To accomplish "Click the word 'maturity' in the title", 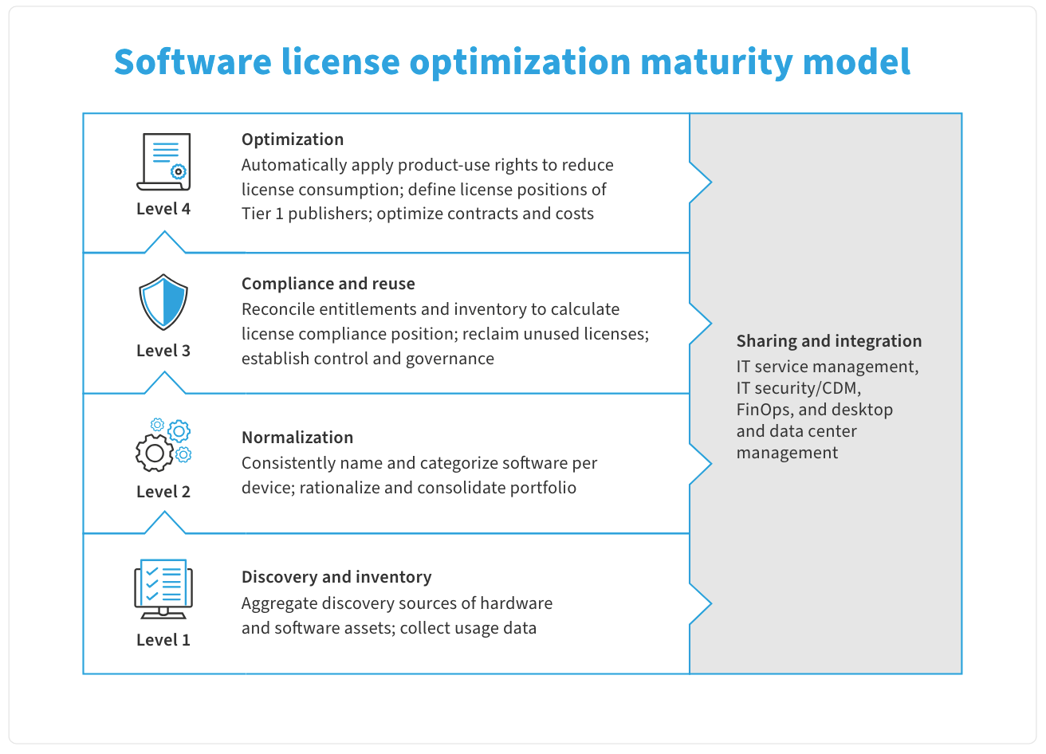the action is tap(716, 62).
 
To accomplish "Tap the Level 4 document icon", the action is tap(163, 162).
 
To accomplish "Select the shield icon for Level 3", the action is tap(163, 302).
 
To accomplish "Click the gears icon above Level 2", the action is tap(163, 445).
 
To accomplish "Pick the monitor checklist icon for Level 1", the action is tap(163, 589).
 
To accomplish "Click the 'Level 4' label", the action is tap(163, 209).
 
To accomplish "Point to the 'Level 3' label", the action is tap(163, 351).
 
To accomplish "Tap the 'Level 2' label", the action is tap(163, 492).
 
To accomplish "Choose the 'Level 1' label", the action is tap(163, 640).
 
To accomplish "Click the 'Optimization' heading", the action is tap(293, 139).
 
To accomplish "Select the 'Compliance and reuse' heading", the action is tap(328, 284).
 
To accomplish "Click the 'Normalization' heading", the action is tap(297, 438).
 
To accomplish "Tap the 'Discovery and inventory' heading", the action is tap(336, 577).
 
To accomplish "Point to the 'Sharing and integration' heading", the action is tap(829, 341).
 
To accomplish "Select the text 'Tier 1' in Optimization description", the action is tap(262, 214).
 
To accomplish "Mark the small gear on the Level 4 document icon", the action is tap(179, 172).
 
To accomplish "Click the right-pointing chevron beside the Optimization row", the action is tap(701, 183).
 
